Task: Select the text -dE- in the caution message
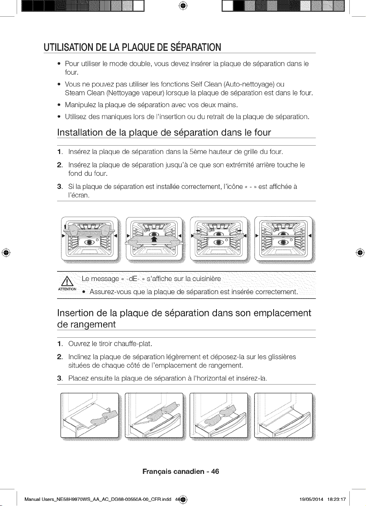click(134, 279)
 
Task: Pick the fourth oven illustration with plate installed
click(285, 240)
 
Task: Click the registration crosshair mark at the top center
click(183, 6)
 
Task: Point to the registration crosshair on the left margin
click(6, 252)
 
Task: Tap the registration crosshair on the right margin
click(360, 252)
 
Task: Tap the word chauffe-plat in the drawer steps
click(133, 344)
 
